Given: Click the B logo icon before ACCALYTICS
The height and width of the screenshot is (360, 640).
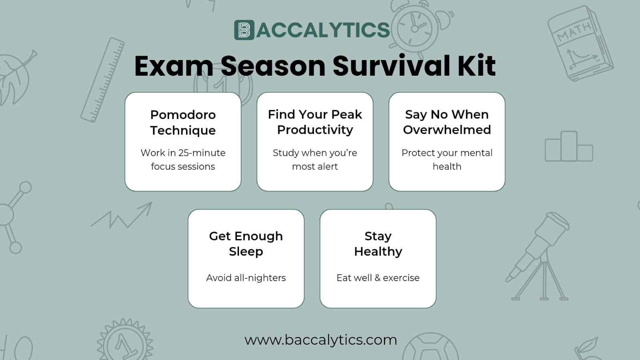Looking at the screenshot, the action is pyautogui.click(x=244, y=30).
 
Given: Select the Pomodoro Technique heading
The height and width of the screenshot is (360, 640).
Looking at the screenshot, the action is pyautogui.click(x=183, y=123).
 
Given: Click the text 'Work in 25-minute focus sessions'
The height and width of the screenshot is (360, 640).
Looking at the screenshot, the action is pyautogui.click(x=183, y=159).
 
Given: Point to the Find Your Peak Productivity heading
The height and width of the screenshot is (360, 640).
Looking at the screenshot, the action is pyautogui.click(x=315, y=122).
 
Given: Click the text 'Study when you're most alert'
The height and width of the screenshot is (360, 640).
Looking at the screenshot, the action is pyautogui.click(x=315, y=159).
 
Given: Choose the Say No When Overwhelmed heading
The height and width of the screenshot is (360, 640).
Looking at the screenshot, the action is pyautogui.click(x=447, y=122).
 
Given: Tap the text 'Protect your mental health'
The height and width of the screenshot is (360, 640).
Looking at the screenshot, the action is pyautogui.click(x=447, y=159).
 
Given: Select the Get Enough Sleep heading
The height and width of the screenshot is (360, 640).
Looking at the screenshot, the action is pyautogui.click(x=246, y=244).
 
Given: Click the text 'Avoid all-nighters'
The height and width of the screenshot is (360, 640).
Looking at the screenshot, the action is pyautogui.click(x=246, y=278).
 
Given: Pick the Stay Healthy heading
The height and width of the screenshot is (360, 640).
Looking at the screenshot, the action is pyautogui.click(x=378, y=244).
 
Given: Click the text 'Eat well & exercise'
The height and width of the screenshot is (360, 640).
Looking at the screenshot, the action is pyautogui.click(x=378, y=278).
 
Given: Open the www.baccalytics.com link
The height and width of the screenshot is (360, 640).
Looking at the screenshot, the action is pyautogui.click(x=321, y=340).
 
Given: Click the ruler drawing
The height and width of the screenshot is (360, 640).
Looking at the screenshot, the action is pyautogui.click(x=102, y=80).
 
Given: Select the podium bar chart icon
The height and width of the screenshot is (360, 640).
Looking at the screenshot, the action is pyautogui.click(x=569, y=146).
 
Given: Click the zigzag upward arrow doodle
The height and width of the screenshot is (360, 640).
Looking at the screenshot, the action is pyautogui.click(x=122, y=215).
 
